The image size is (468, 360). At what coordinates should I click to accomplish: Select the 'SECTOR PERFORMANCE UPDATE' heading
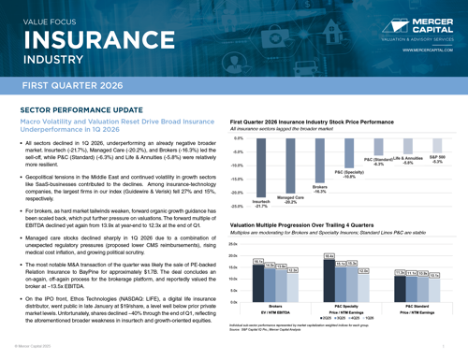coord(76,110)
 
